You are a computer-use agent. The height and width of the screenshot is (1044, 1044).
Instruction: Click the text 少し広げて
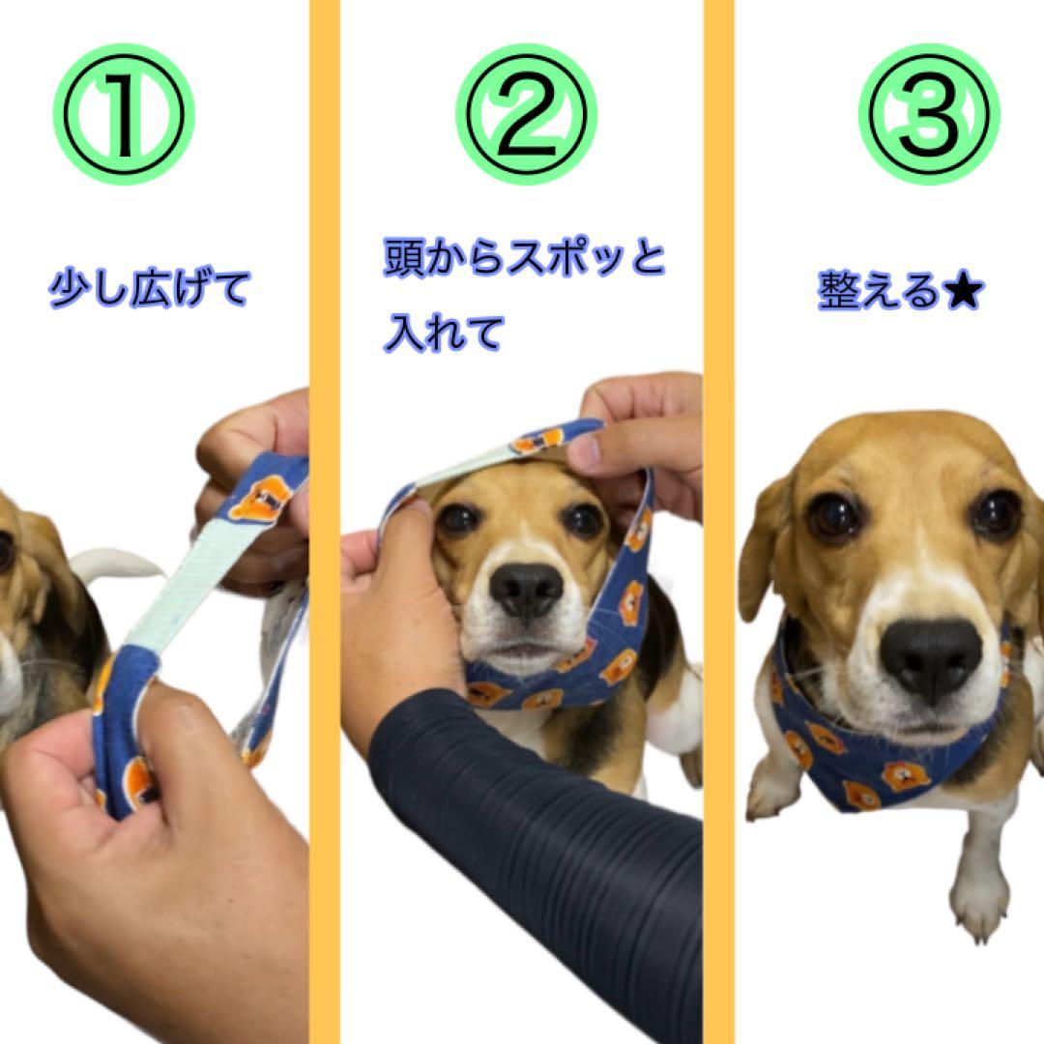click(150, 290)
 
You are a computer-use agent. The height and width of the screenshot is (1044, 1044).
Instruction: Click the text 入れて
click(444, 333)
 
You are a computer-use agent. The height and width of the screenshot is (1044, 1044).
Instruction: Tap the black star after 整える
click(963, 292)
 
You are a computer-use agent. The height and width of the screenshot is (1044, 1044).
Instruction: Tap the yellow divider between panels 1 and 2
click(324, 522)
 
